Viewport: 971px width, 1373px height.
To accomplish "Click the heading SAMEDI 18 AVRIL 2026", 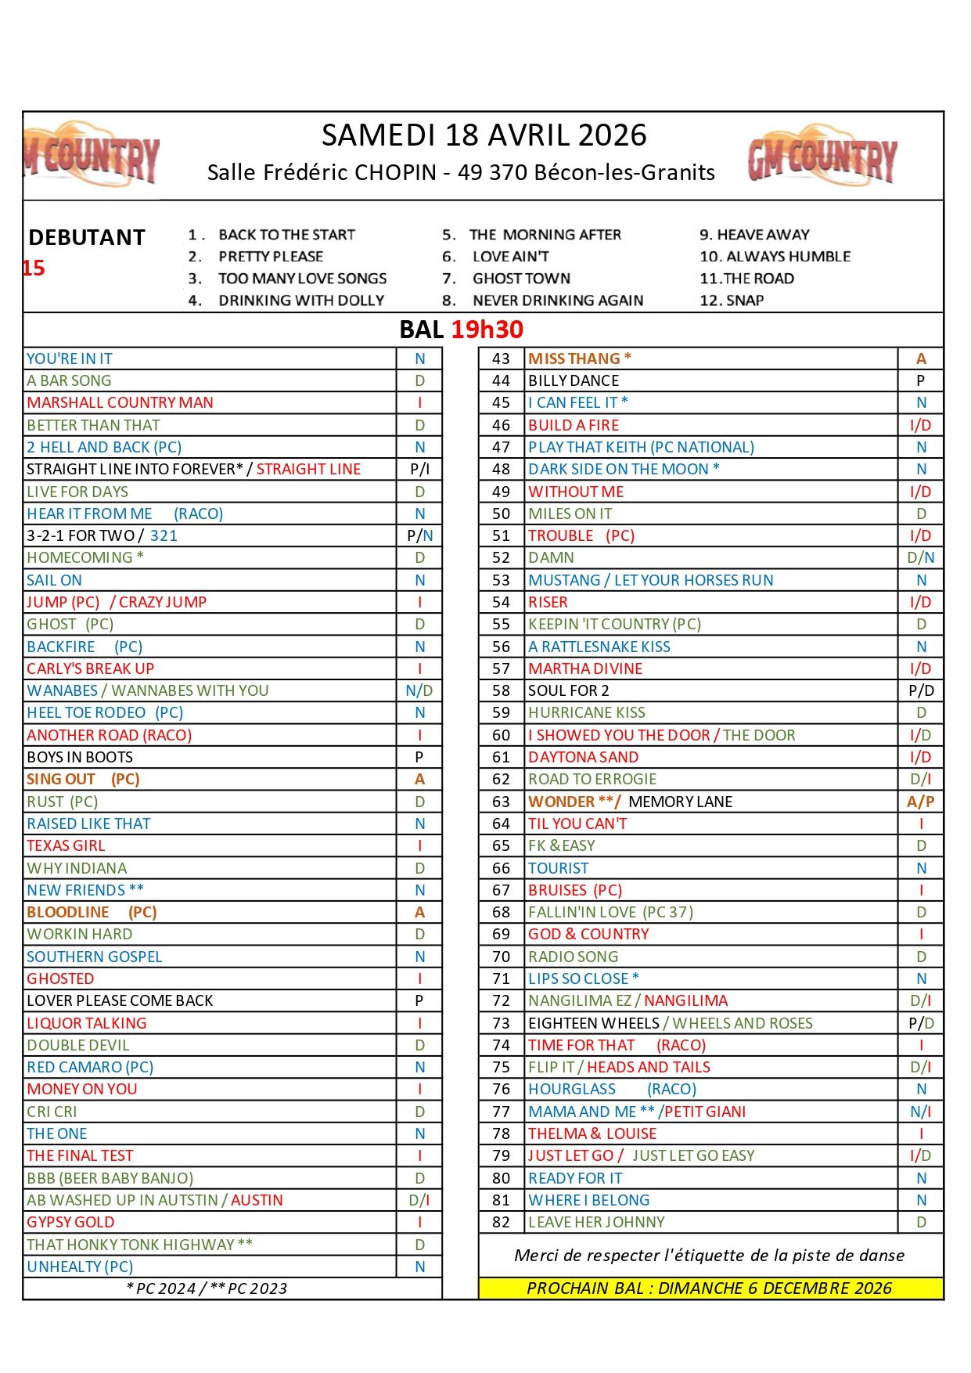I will (x=484, y=135).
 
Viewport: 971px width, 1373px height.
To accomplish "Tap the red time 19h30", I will (x=487, y=330).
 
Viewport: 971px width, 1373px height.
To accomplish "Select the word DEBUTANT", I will (x=87, y=237).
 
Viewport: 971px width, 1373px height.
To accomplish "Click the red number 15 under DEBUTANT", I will (x=34, y=268).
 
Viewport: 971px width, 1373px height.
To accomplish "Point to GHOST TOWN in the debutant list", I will (x=521, y=279).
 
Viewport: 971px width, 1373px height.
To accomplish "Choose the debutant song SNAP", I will (x=744, y=301).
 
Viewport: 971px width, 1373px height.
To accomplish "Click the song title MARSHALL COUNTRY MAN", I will (x=120, y=402).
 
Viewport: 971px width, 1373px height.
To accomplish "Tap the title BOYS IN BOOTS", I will (x=80, y=757).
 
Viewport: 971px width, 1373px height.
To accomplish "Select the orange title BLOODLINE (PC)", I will (x=92, y=912).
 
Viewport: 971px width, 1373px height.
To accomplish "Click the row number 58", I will (x=501, y=690).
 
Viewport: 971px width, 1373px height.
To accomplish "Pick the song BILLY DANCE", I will (x=574, y=380).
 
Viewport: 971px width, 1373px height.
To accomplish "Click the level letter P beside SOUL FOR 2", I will (x=914, y=690).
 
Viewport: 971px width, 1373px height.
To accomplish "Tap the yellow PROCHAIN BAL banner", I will (x=710, y=1288).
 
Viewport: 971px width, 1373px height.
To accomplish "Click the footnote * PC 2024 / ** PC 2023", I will (x=207, y=1288).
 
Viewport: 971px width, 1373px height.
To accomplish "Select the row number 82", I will (x=501, y=1222).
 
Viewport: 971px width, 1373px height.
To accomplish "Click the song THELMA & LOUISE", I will (x=592, y=1133).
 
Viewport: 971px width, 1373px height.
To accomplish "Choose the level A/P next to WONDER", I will (x=921, y=802).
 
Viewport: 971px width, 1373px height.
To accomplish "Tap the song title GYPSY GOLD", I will (x=70, y=1222).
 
